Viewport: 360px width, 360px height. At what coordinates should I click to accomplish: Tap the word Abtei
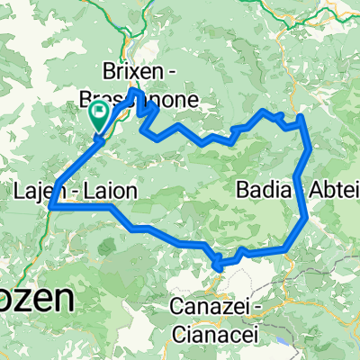coord(335,189)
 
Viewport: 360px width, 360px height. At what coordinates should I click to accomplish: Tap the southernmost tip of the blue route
coord(218,265)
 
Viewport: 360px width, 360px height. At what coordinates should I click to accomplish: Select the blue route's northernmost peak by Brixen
coord(135,90)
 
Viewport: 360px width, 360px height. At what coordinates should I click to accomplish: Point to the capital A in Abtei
coord(314,189)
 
